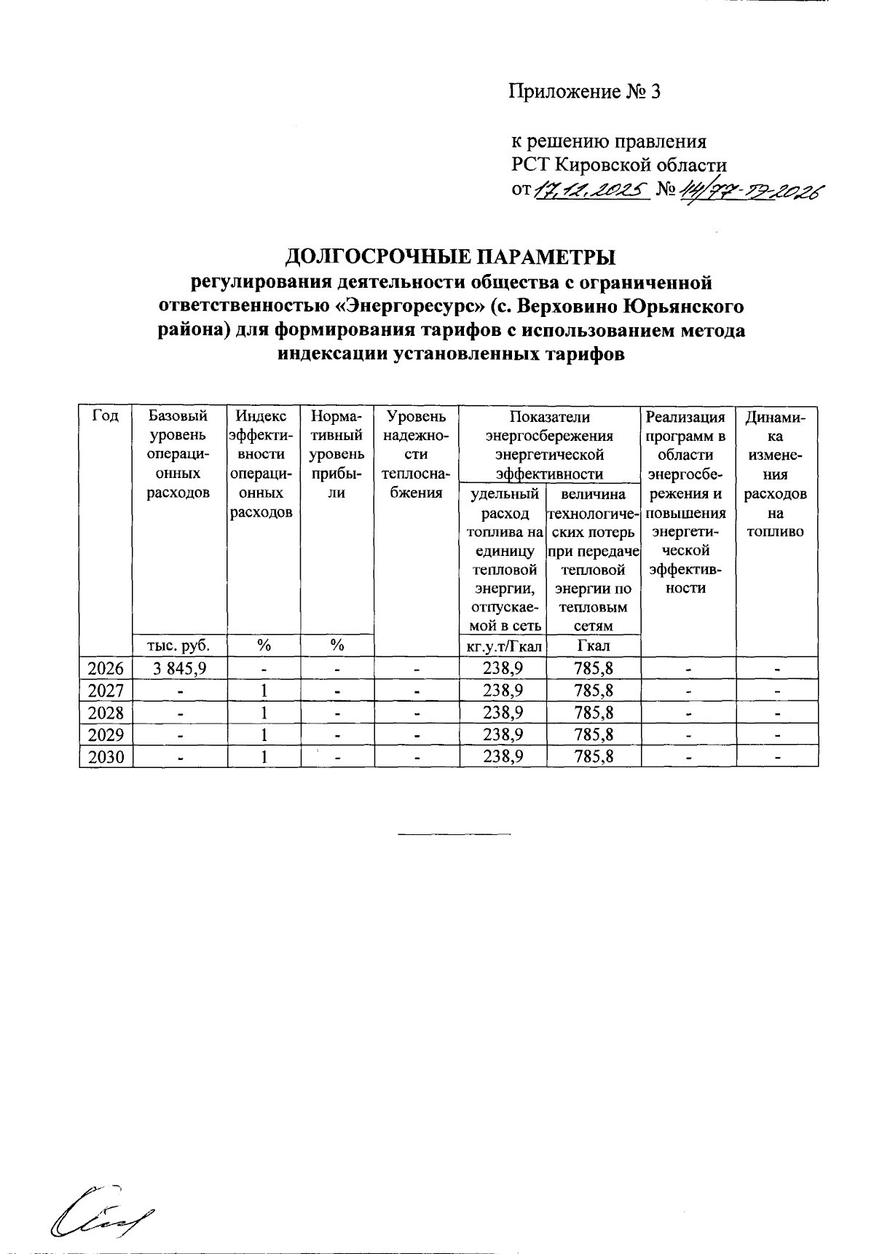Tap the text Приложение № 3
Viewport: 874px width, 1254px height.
pos(583,93)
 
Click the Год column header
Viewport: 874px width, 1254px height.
pos(106,418)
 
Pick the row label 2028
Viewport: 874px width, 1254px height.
pos(106,713)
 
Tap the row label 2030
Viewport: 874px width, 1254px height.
pos(106,758)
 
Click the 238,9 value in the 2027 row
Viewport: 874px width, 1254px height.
pos(503,691)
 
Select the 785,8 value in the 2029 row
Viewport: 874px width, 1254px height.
pos(593,735)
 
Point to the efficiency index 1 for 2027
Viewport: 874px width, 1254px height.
pos(265,691)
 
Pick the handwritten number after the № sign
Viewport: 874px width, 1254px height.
pos(749,192)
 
